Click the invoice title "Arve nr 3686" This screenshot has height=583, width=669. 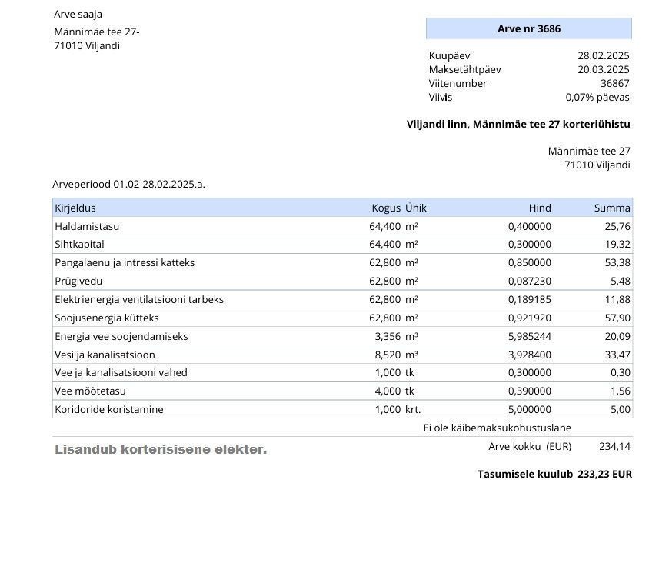coord(528,29)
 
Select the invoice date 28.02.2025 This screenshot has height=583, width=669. coord(603,56)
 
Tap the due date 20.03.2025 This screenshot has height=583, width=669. coord(603,70)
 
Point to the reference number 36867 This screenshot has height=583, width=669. coord(614,84)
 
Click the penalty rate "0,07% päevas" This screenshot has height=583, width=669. coord(597,98)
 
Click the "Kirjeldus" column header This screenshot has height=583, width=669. coord(75,208)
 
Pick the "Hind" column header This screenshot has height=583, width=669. coord(539,208)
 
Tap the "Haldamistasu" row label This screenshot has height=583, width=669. coord(87,227)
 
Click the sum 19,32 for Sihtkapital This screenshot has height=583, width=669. coord(617,245)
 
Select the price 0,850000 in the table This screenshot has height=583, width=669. coord(529,263)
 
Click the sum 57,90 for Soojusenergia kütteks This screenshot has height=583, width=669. coord(617,318)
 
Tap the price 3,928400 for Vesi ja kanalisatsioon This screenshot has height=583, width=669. coord(529,355)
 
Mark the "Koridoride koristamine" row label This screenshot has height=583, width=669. coord(108,410)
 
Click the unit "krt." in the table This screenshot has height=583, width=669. coord(413,410)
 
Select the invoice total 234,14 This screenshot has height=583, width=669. coord(614,447)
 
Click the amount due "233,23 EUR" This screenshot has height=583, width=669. coord(604,475)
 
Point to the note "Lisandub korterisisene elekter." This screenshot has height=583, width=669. coord(161,450)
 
